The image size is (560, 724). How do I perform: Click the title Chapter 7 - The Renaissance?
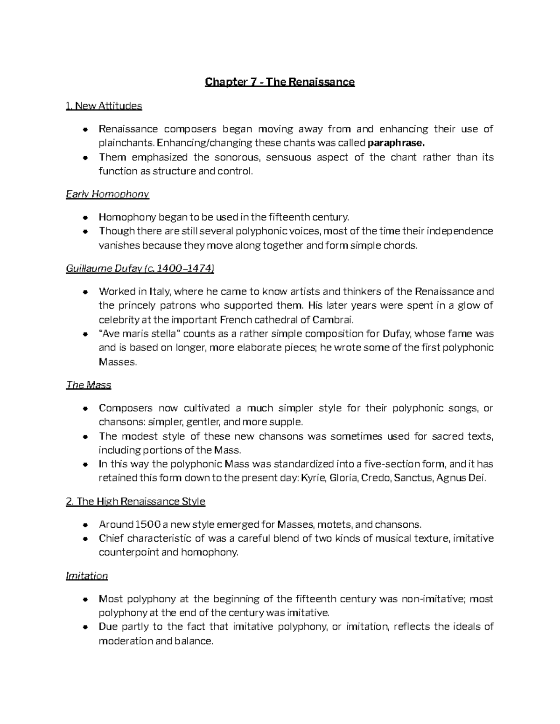click(280, 83)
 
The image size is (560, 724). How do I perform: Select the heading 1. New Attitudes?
click(104, 106)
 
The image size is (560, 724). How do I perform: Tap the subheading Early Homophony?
click(107, 194)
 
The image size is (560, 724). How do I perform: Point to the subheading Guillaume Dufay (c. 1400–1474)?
click(140, 269)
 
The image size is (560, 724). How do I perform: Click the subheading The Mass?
click(89, 385)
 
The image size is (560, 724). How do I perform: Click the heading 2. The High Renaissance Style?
click(135, 502)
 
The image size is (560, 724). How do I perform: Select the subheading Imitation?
click(87, 576)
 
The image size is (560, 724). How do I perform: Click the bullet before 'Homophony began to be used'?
click(85, 217)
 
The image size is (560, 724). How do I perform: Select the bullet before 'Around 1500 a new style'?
click(85, 525)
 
